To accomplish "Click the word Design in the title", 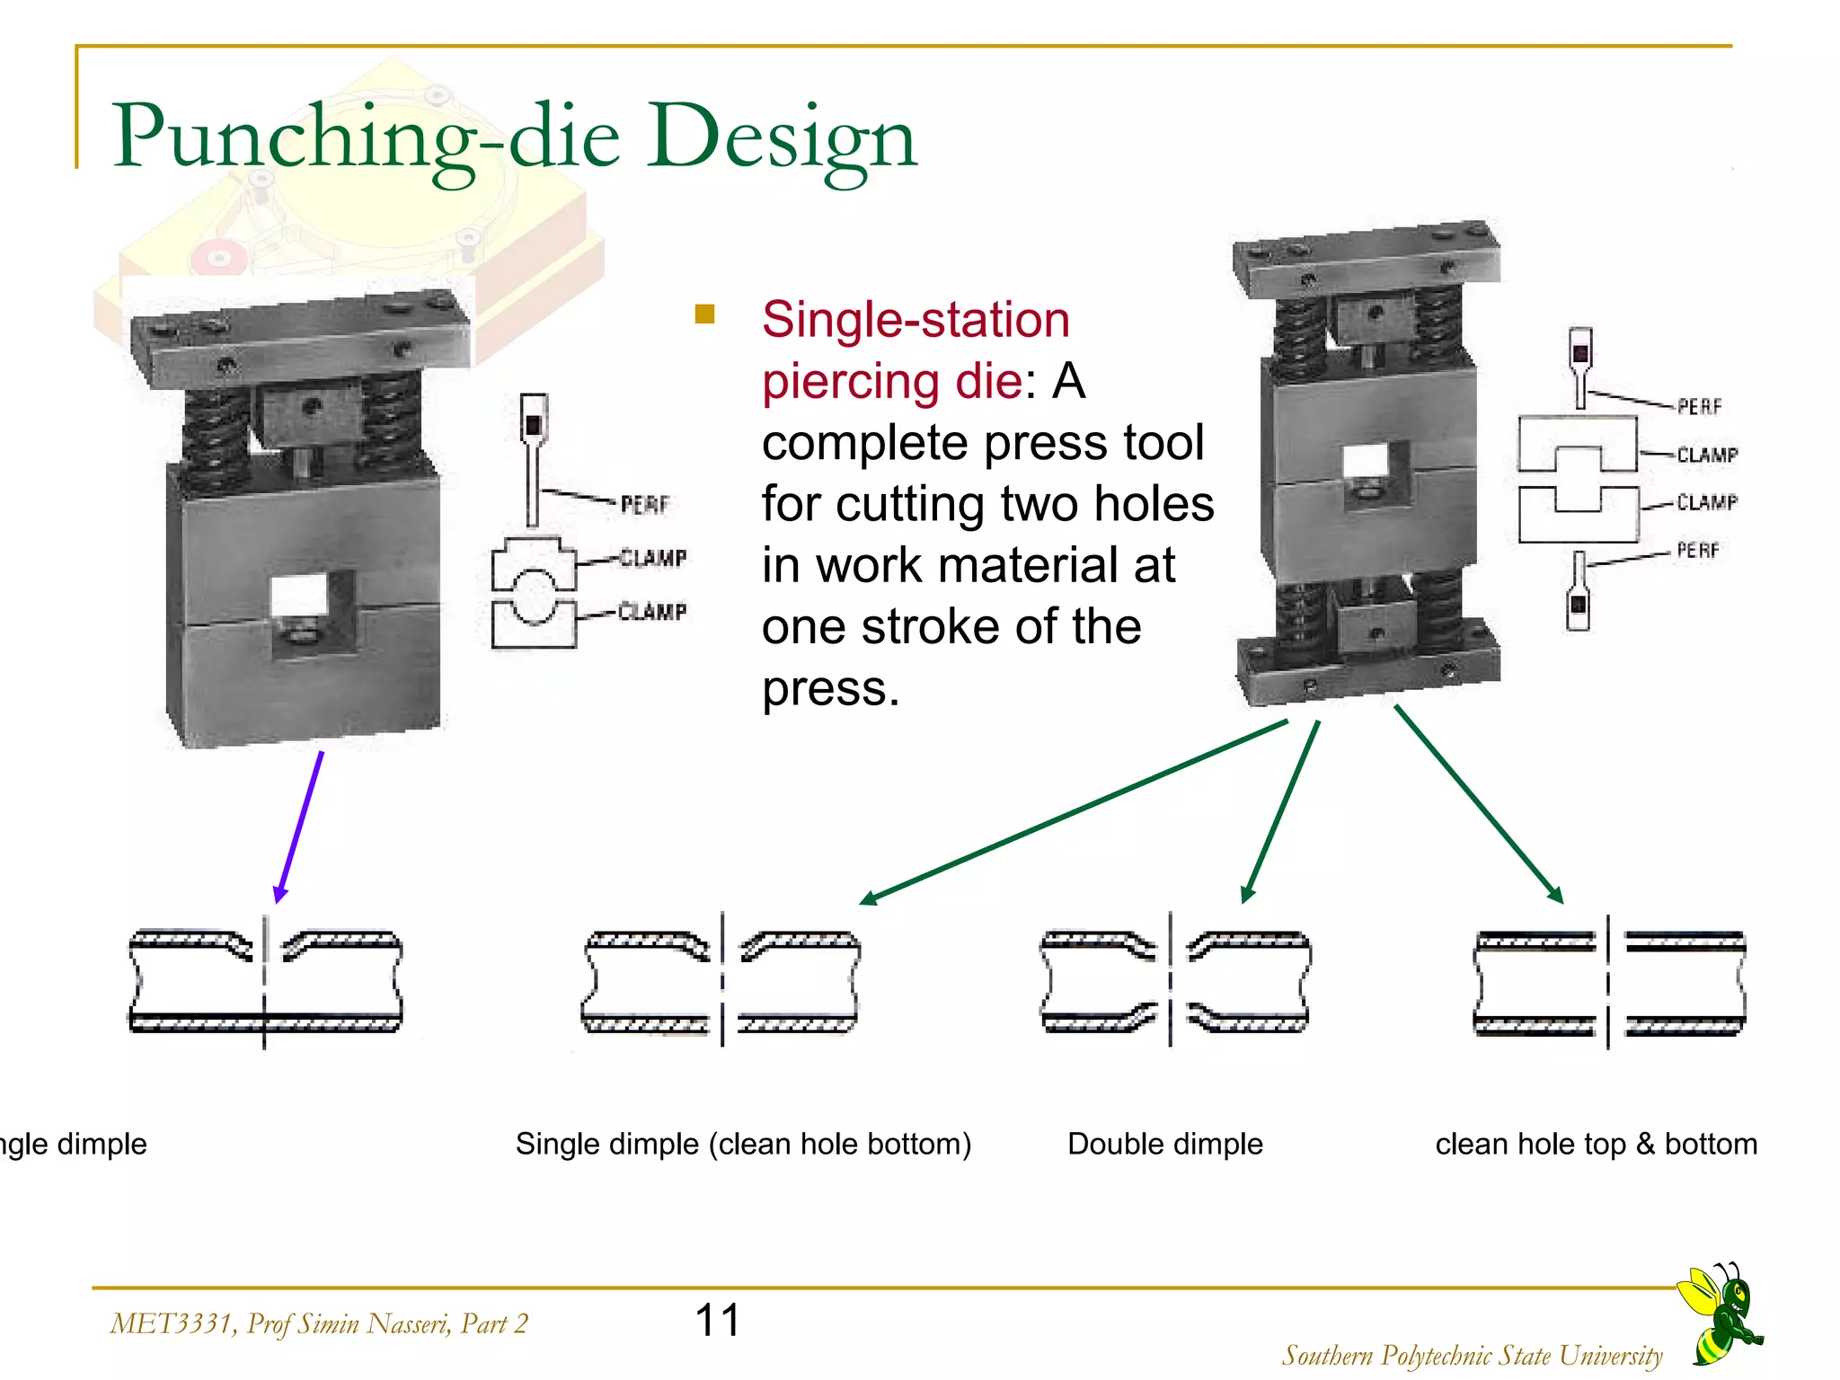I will pos(781,137).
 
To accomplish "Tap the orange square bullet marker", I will pos(704,314).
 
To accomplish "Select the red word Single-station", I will pos(916,320).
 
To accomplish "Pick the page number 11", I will pos(717,1320).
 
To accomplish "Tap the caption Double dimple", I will pos(1164,1144).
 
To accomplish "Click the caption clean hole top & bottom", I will pos(1596,1144).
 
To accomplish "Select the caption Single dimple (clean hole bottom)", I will pos(743,1144).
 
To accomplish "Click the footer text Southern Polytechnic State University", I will pos(1472,1355).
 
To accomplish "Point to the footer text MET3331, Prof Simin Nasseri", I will pos(319,1323).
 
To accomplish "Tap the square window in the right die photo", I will pos(1365,464).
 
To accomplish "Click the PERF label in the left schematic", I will pos(644,505).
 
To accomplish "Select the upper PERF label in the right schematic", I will pos(1699,407).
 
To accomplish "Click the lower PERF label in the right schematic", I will pos(1697,550).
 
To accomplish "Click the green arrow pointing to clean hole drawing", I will pos(1478,803).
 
